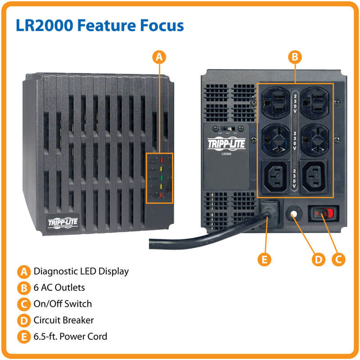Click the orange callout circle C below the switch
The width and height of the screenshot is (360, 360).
(x=338, y=259)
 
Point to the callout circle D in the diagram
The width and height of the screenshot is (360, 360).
(x=318, y=259)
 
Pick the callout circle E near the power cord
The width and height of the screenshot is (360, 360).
(x=264, y=259)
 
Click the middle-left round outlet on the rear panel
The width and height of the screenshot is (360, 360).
(x=276, y=138)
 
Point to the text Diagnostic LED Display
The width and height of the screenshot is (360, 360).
(x=81, y=271)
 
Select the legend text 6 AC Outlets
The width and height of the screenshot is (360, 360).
(x=59, y=288)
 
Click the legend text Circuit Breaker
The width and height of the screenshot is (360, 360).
(x=63, y=320)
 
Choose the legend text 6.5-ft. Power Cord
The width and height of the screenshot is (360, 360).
(x=70, y=336)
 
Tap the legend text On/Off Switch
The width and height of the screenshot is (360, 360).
(x=63, y=304)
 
